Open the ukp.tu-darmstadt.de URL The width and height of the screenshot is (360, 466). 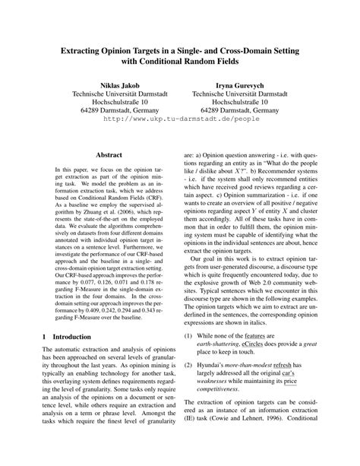point(181,119)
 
